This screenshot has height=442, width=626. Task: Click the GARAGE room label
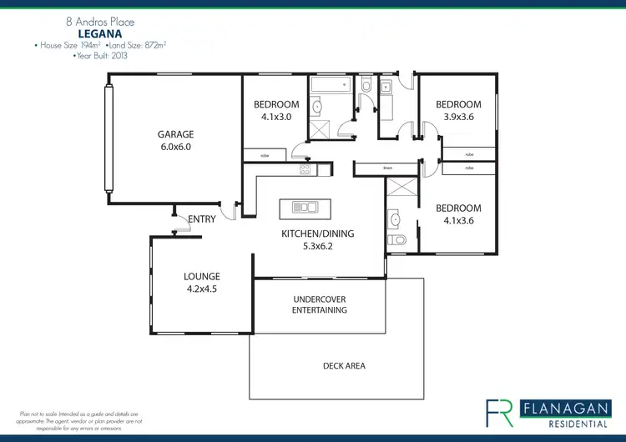(176, 133)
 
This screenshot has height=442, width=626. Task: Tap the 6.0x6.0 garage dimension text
(176, 147)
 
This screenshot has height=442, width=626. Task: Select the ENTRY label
(201, 219)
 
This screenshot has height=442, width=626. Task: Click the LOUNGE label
(202, 276)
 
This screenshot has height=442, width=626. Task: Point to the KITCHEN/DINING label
(317, 234)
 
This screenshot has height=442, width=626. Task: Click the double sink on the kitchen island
(304, 207)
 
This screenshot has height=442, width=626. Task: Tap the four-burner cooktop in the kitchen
(305, 169)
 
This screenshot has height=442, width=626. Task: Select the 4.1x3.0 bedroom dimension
(276, 118)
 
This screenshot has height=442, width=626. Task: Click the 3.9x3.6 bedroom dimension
(458, 118)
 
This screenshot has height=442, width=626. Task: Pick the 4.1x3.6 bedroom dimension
(458, 221)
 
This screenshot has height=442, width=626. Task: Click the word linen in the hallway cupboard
(387, 168)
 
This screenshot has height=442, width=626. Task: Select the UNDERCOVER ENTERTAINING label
(319, 304)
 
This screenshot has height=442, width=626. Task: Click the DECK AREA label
(344, 365)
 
